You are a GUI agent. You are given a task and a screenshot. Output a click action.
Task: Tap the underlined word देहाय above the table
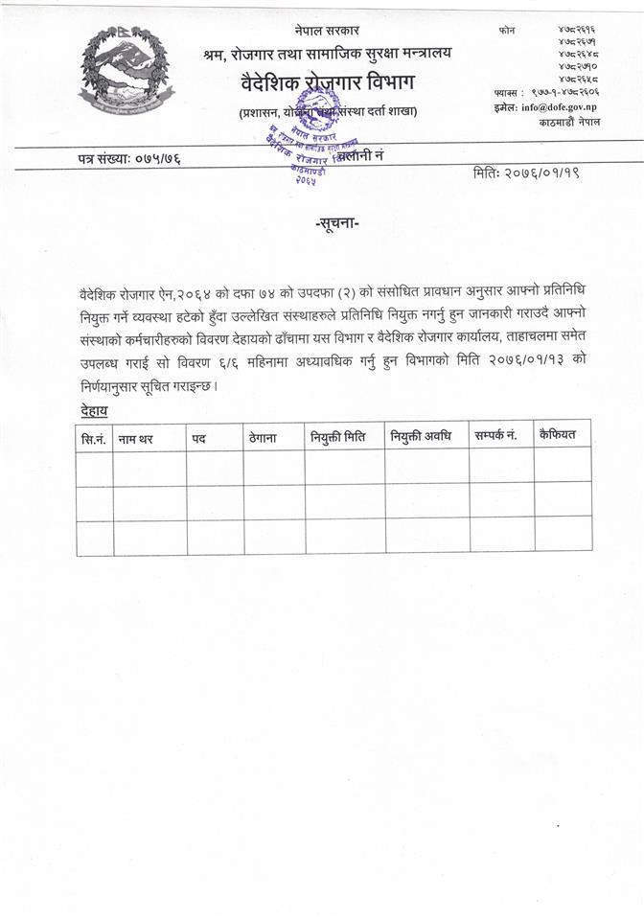(x=94, y=410)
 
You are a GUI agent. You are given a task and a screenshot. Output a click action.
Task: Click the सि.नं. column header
(x=94, y=438)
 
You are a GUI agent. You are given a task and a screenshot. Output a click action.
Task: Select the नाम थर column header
(x=135, y=439)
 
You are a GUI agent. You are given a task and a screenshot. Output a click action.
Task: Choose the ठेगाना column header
(x=263, y=438)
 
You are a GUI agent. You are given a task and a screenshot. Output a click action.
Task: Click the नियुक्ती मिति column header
(x=338, y=437)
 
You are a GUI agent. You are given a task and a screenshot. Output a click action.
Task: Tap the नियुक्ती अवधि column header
(x=421, y=436)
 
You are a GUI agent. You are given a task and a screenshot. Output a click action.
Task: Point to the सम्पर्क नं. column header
(x=496, y=435)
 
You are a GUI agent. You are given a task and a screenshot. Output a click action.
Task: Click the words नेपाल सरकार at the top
(x=327, y=32)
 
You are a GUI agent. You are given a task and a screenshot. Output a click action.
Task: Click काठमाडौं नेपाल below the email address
(x=568, y=123)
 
